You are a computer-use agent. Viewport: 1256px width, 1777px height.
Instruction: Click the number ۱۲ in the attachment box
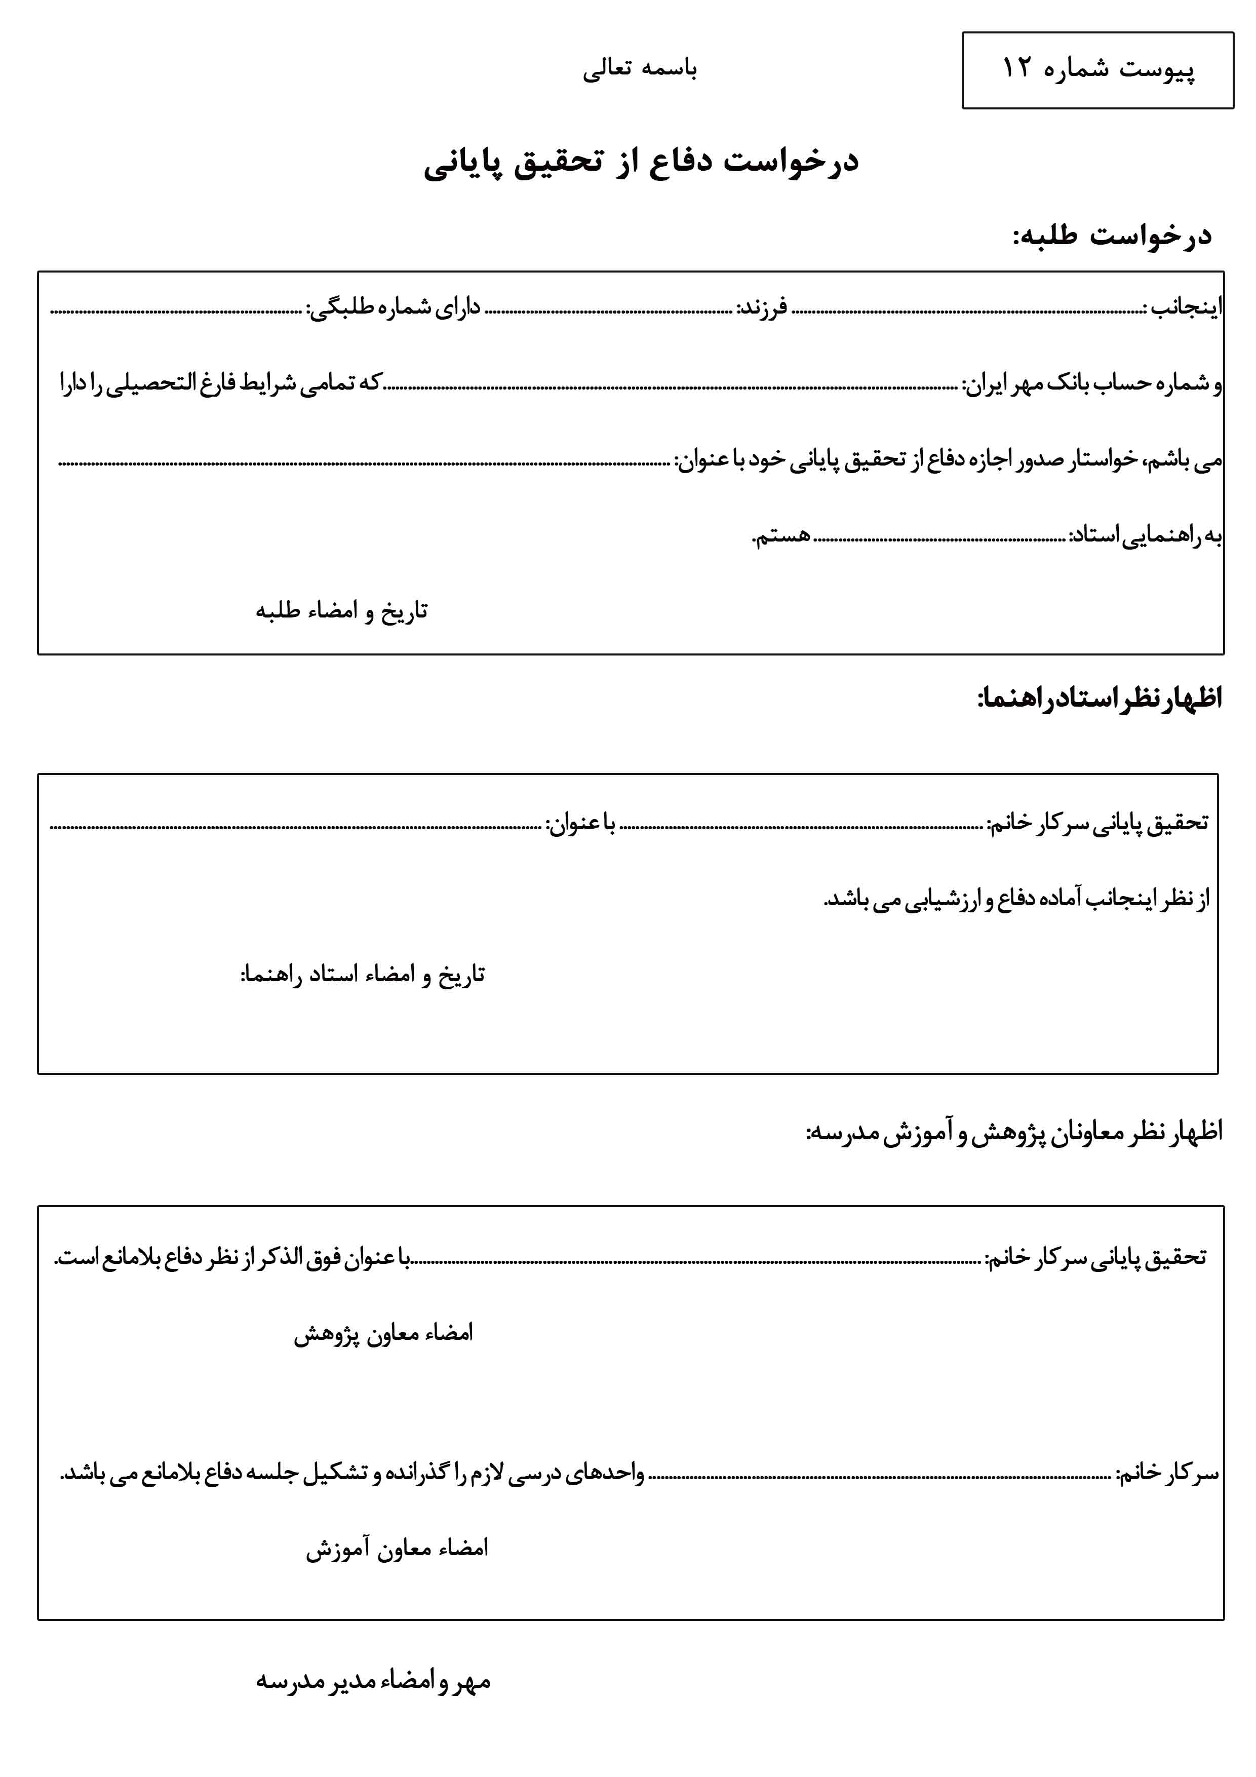(x=1016, y=68)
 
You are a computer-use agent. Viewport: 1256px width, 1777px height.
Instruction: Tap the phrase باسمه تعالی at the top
(x=640, y=69)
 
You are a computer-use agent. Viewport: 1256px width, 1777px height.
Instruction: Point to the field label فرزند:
(x=762, y=308)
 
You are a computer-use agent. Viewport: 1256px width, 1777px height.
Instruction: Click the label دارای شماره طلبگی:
(x=393, y=308)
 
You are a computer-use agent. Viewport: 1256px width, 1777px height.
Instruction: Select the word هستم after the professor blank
(x=781, y=535)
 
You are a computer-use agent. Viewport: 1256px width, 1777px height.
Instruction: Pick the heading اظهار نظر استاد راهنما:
(x=1099, y=698)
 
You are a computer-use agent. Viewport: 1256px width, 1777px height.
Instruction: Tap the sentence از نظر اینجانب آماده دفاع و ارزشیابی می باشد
(x=1016, y=899)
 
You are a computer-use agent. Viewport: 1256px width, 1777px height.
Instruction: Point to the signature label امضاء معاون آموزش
(x=397, y=1548)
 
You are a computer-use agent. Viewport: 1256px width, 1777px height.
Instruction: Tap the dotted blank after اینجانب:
(x=967, y=311)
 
